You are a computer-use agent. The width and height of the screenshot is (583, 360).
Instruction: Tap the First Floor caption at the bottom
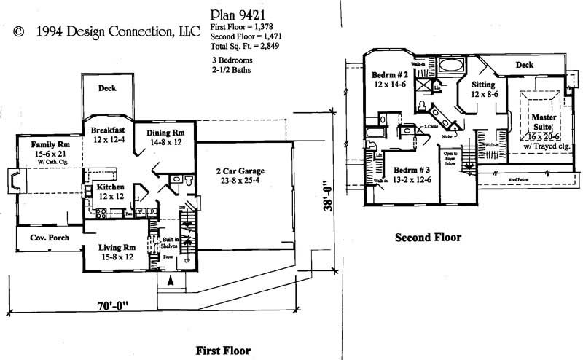tap(223, 351)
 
